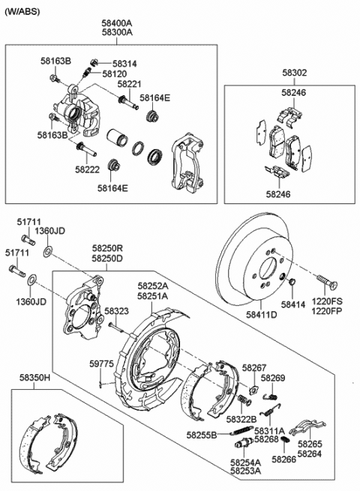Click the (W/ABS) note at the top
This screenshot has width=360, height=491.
click(22, 11)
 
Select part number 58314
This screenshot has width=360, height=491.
click(124, 64)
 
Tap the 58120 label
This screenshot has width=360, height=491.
click(115, 74)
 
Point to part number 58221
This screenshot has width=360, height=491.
click(129, 84)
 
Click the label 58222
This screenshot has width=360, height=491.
click(87, 169)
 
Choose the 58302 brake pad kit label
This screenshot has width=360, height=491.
click(295, 73)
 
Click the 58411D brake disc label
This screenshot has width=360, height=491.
click(261, 314)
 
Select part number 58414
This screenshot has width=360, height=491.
click(293, 304)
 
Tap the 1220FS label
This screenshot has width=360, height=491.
click(327, 301)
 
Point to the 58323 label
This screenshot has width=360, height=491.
click(116, 311)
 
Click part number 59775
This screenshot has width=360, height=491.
click(101, 364)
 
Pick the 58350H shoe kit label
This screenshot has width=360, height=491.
click(34, 377)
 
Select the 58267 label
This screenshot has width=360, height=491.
click(254, 367)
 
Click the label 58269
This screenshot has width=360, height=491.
click(273, 378)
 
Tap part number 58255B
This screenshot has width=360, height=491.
click(202, 435)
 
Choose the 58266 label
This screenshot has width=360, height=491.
click(283, 459)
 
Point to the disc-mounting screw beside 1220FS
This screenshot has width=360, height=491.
click(327, 281)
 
